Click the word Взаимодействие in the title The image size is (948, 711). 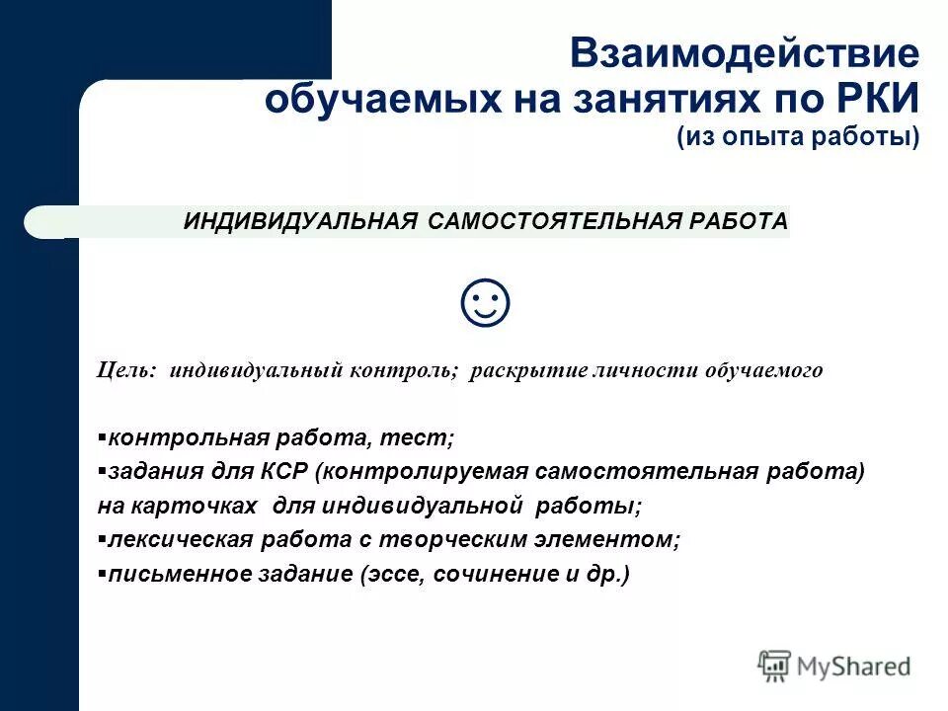(x=745, y=54)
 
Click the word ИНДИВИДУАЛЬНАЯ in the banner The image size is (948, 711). (x=301, y=221)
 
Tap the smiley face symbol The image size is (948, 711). (x=485, y=304)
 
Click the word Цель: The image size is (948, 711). (x=126, y=371)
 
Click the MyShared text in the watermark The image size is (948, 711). (x=853, y=667)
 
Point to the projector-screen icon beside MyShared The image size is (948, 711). (x=775, y=665)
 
